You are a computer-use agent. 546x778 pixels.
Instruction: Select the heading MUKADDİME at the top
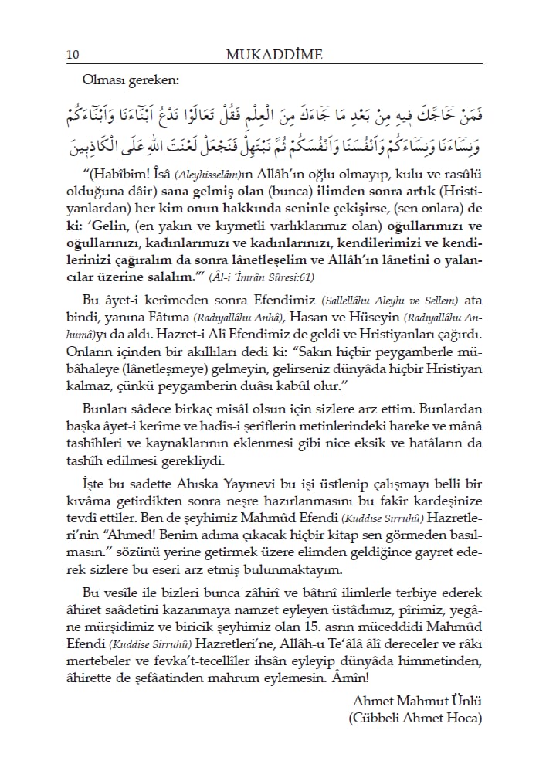click(274, 54)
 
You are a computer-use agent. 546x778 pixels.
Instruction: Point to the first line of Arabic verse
click(274, 114)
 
